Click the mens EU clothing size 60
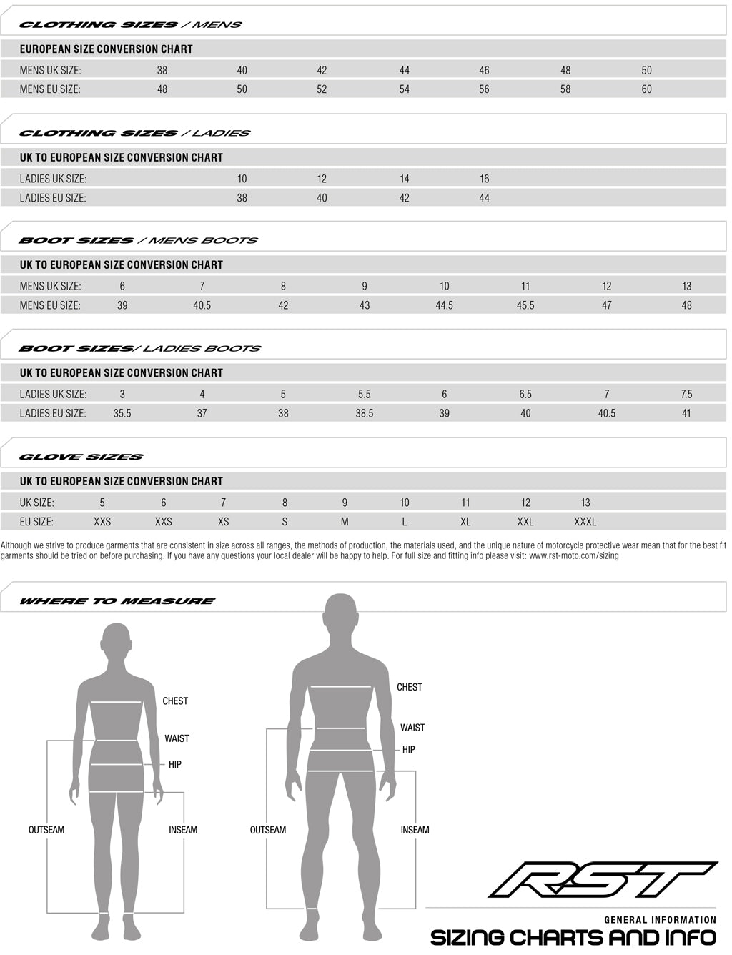point(646,89)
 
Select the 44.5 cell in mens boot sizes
point(444,305)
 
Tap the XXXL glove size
point(585,522)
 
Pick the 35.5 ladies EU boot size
point(122,413)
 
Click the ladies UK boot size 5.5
point(364,394)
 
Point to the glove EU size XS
point(224,522)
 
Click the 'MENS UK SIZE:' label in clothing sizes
point(51,70)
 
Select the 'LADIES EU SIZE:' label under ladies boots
point(53,413)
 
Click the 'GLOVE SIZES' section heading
point(81,457)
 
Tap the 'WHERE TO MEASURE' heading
point(117,601)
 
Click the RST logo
point(603,879)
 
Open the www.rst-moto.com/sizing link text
point(573,555)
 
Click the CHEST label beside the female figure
point(175,701)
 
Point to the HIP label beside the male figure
point(409,750)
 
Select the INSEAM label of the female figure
point(183,830)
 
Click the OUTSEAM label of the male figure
point(268,830)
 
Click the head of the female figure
point(117,645)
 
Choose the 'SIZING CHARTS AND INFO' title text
point(573,937)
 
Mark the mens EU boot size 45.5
point(525,305)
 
